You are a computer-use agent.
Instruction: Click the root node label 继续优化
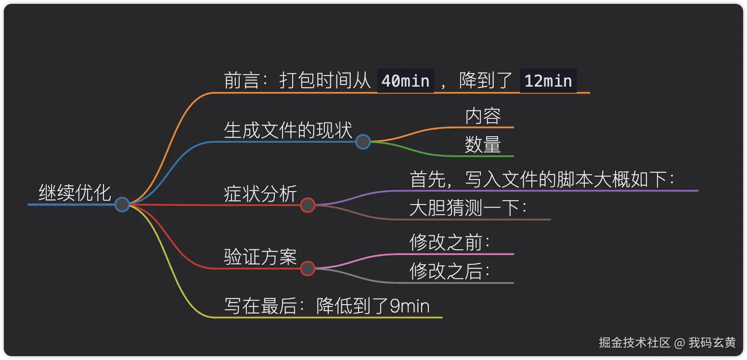75,193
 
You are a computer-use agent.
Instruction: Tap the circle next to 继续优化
122,205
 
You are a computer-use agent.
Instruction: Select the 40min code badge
405,81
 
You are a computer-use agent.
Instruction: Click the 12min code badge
548,81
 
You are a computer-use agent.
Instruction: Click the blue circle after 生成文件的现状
363,142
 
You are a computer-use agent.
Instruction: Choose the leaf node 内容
483,116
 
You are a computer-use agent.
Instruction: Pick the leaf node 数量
483,145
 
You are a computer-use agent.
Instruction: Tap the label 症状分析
260,194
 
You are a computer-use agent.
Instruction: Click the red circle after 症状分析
308,205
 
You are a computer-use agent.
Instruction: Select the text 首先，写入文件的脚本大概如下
541,180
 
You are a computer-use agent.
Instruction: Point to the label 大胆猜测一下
467,208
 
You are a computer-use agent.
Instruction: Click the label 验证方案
260,257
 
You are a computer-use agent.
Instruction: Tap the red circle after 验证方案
308,268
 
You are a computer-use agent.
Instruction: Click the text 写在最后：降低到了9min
327,306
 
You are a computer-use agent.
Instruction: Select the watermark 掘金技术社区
634,343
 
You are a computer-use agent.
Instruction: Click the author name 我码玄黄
712,343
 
